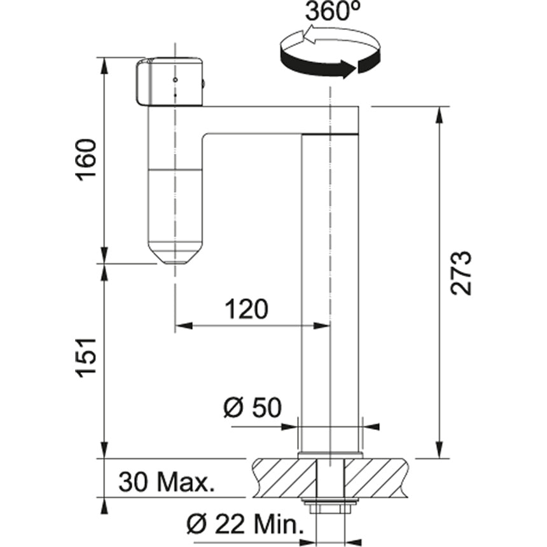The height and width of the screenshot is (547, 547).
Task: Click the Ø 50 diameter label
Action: [x=253, y=408]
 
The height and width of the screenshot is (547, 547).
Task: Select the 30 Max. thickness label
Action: [x=165, y=483]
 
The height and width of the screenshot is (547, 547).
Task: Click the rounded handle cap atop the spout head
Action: [x=169, y=81]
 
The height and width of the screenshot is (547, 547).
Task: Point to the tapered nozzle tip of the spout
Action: [x=174, y=254]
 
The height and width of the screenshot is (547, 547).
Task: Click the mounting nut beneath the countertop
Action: [x=329, y=507]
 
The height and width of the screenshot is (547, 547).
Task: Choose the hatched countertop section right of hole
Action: [x=375, y=477]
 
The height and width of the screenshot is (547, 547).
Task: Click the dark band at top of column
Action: [x=330, y=134]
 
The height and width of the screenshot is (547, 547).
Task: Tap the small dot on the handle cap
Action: [x=175, y=81]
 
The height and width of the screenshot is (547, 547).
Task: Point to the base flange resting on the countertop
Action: [x=329, y=455]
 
